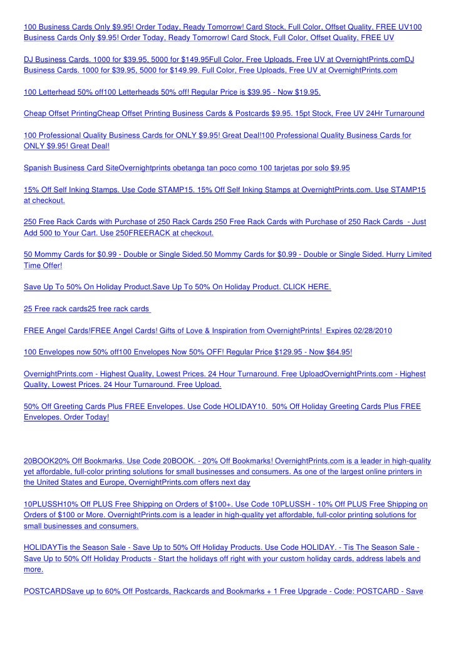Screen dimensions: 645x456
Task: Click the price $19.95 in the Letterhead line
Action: [x=306, y=93]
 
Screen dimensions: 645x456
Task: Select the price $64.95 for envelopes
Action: [x=338, y=353]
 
